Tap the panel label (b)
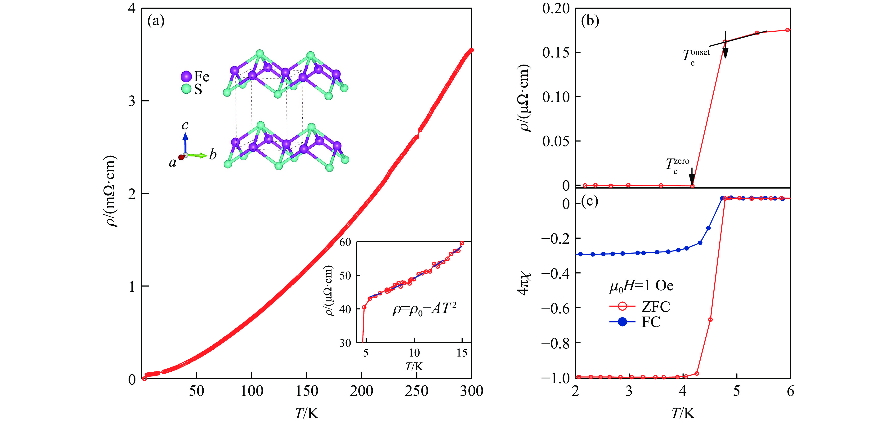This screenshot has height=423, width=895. coord(590,21)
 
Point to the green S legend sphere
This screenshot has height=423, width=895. coord(186,89)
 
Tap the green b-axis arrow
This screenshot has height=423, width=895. coord(198,155)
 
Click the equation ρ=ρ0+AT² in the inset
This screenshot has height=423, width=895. coord(424,309)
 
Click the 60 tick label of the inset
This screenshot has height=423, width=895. coord(345,242)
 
